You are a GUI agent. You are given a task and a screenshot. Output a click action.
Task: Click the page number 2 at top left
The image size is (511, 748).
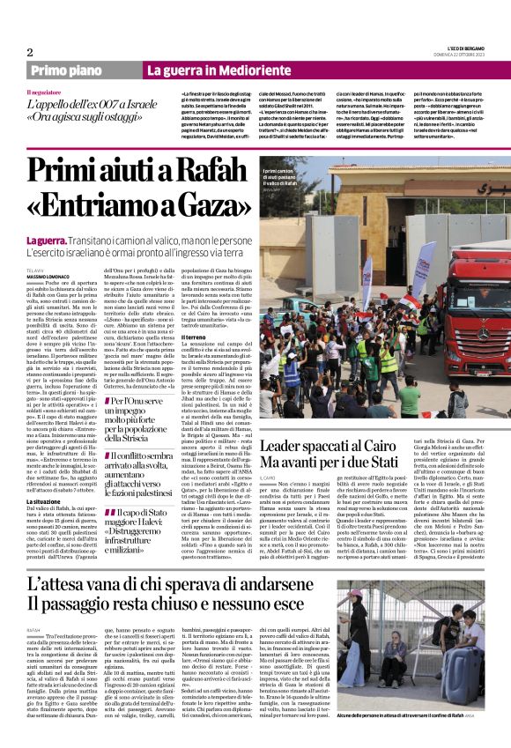coord(29,52)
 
